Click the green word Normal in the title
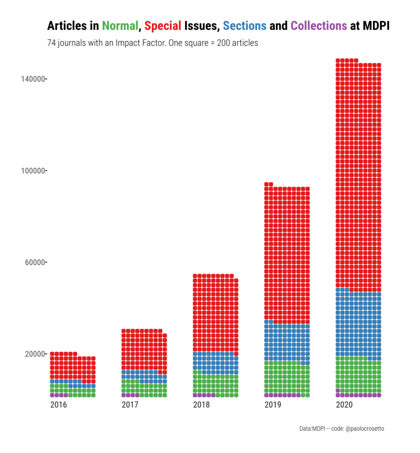click(x=120, y=26)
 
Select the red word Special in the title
click(x=163, y=26)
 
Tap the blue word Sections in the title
click(x=245, y=26)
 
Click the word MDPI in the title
click(x=376, y=26)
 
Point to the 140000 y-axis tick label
click(x=33, y=79)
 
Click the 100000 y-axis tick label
click(x=33, y=171)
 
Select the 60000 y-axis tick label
click(x=35, y=262)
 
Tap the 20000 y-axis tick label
click(x=35, y=354)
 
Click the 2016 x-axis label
click(x=58, y=405)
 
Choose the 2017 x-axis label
click(x=130, y=405)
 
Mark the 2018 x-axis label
click(x=201, y=405)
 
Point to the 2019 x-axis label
click(x=273, y=405)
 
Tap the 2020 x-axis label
click(x=345, y=405)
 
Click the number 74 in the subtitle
click(x=51, y=43)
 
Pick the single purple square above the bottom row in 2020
click(x=338, y=390)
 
